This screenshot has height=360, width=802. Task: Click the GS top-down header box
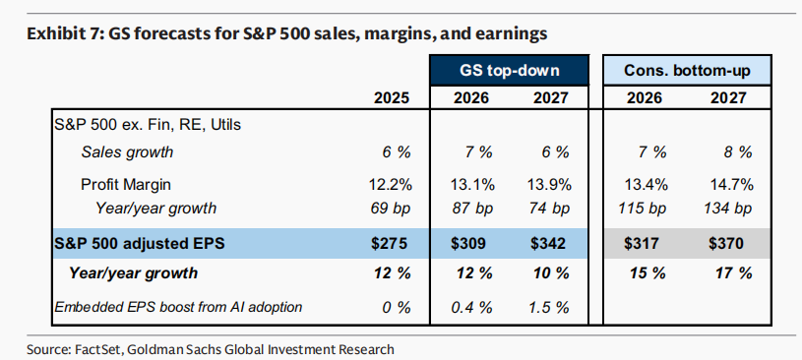pos(510,70)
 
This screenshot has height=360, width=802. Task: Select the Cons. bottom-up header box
pos(687,70)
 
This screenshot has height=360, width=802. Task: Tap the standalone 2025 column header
pos(392,97)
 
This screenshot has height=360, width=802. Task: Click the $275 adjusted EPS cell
pos(390,243)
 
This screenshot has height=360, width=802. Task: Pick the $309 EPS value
pos(468,243)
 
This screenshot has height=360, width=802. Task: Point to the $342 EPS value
pos(548,243)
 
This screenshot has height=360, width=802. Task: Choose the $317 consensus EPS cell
pos(642,243)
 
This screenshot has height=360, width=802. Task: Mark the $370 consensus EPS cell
pos(726,243)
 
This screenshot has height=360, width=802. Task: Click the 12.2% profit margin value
pos(391,185)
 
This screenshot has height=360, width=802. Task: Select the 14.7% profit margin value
pos(732,185)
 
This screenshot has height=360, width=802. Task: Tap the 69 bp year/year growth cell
pos(390,209)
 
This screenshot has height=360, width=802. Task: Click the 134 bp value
pos(727,209)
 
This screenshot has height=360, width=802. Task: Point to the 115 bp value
pos(643,209)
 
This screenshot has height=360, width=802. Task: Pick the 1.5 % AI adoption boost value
pos(550,307)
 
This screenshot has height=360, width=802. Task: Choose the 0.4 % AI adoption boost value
pos(471,307)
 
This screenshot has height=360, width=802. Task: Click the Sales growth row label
pos(127,152)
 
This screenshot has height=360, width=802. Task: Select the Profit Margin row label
pos(126,185)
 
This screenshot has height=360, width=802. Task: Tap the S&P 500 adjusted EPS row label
pos(140,243)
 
